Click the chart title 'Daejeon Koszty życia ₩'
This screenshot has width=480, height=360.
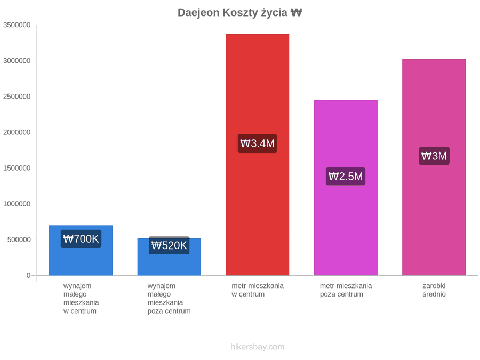tap(239, 13)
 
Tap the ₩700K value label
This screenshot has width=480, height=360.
tap(81, 239)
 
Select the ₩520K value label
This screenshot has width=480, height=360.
tap(169, 245)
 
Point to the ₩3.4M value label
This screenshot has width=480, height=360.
tap(258, 143)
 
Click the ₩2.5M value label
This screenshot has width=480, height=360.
tap(346, 177)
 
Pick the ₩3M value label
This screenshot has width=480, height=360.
tap(434, 156)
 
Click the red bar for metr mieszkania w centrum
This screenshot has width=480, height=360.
tap(258, 155)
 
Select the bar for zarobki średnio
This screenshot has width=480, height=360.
tap(434, 167)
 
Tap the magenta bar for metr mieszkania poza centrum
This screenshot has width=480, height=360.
tap(346, 188)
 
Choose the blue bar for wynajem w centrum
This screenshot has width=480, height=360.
tap(81, 251)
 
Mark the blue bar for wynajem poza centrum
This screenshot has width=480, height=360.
tap(169, 257)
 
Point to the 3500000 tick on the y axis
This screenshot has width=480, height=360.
tap(17, 25)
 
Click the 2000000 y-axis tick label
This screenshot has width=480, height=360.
tap(17, 132)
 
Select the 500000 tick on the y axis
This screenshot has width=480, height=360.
tap(19, 239)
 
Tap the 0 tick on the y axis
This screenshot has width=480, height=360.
tap(28, 276)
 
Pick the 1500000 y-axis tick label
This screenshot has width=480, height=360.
tap(17, 168)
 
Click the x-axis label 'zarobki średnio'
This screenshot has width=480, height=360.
tap(434, 290)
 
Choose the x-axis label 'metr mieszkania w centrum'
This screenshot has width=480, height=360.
tap(258, 290)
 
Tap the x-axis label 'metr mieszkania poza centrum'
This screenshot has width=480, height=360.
tap(346, 290)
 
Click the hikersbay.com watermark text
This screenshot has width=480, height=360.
tap(258, 347)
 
